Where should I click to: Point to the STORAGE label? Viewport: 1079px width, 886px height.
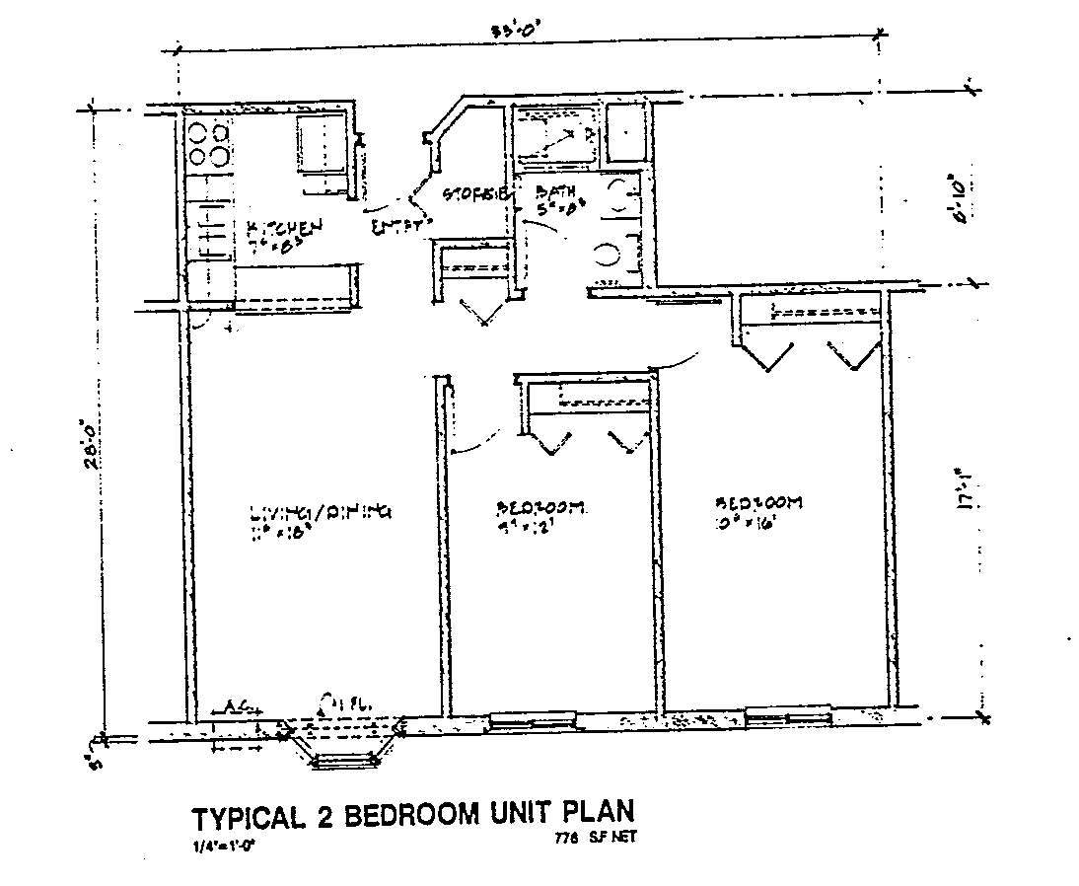(x=475, y=193)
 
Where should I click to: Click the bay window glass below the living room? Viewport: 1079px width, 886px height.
(x=344, y=760)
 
